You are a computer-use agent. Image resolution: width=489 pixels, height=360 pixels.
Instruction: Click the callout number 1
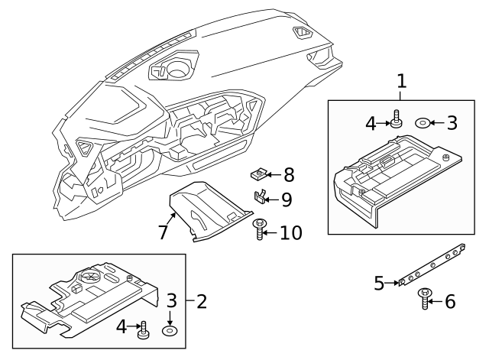pyautogui.click(x=402, y=81)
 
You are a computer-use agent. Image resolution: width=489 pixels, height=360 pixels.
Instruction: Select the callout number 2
pyautogui.click(x=202, y=301)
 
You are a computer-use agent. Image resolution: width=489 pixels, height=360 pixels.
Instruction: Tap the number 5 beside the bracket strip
pyautogui.click(x=379, y=284)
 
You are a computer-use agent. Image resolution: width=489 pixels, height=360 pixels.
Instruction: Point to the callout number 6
pyautogui.click(x=449, y=302)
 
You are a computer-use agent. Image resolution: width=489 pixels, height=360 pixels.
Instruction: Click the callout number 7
pyautogui.click(x=163, y=232)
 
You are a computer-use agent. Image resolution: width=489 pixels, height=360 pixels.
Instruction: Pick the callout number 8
pyautogui.click(x=288, y=174)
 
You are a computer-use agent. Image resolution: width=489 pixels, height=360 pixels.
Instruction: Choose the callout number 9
pyautogui.click(x=287, y=199)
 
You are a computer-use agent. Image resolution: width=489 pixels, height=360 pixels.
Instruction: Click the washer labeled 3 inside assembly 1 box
pyautogui.click(x=422, y=122)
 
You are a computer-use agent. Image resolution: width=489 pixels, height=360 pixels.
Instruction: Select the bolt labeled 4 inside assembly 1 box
pyautogui.click(x=396, y=120)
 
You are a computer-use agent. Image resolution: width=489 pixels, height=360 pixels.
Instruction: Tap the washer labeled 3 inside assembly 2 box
pyautogui.click(x=170, y=331)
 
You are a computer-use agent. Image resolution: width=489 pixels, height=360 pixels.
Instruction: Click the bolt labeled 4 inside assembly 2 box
pyautogui.click(x=141, y=330)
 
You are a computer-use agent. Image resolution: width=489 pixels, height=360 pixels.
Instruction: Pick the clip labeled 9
pyautogui.click(x=261, y=198)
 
